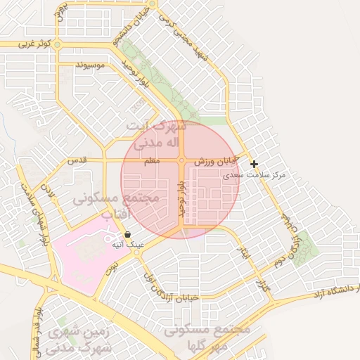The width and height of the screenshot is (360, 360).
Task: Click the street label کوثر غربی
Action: point(35,44)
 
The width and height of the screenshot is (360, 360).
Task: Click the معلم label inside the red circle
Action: point(151,161)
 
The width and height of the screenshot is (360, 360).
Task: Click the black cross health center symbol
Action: point(254,164)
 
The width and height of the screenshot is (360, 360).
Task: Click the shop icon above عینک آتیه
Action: point(127,234)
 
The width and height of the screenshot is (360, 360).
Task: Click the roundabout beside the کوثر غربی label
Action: point(58,44)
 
